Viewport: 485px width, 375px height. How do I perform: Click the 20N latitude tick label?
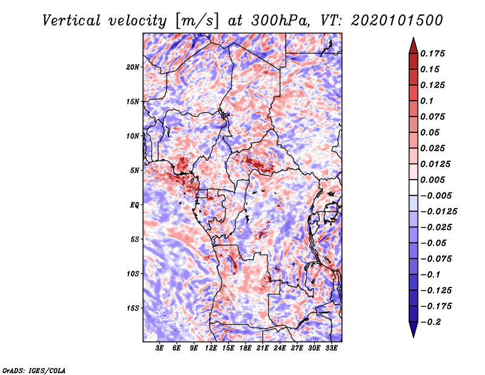tap(133, 67)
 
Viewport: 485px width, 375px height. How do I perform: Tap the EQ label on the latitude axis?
tap(134, 205)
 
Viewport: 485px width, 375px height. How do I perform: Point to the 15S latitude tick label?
tap(133, 308)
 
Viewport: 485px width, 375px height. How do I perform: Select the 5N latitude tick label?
tap(134, 171)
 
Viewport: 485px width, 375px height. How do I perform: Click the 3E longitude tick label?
tap(159, 348)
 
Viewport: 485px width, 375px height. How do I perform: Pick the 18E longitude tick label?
tap(246, 348)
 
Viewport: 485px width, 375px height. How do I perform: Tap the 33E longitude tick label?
tap(331, 348)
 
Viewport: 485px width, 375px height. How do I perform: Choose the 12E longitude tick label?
tap(211, 348)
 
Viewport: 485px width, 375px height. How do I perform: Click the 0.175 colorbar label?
tap(432, 53)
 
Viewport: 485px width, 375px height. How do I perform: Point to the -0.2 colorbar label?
tap(430, 322)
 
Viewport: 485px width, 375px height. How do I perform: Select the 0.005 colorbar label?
tap(432, 180)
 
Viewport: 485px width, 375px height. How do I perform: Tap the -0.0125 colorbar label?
tap(438, 212)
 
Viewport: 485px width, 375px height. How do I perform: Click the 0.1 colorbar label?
tap(427, 101)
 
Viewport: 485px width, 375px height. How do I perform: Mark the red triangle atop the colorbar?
tap(413, 46)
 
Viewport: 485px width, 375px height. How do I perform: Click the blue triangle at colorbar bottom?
tap(413, 329)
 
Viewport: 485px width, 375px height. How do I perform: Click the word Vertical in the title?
tap(72, 21)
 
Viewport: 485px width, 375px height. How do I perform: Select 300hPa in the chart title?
tap(279, 21)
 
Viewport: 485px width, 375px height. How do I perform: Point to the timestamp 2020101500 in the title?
tap(397, 21)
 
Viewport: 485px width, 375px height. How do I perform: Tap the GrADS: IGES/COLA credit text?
tap(34, 370)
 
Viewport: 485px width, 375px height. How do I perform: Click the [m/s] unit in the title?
tap(196, 21)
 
